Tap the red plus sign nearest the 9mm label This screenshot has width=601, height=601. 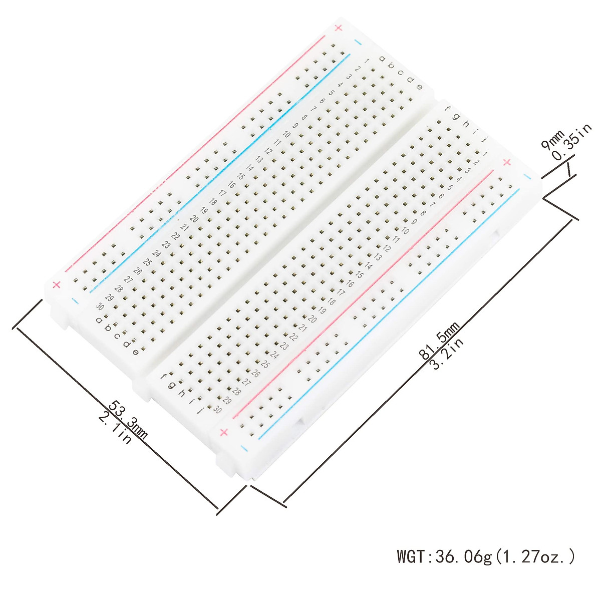tap(506, 162)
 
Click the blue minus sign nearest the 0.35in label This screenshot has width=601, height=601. tap(526, 176)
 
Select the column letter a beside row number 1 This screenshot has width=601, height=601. tap(382, 59)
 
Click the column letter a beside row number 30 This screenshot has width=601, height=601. tap(99, 320)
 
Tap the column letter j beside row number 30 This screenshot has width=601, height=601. tap(200, 412)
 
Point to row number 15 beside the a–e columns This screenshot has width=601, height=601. tap(241, 176)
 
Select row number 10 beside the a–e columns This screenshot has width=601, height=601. tap(286, 134)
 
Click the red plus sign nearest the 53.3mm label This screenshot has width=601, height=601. tap(57, 284)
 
